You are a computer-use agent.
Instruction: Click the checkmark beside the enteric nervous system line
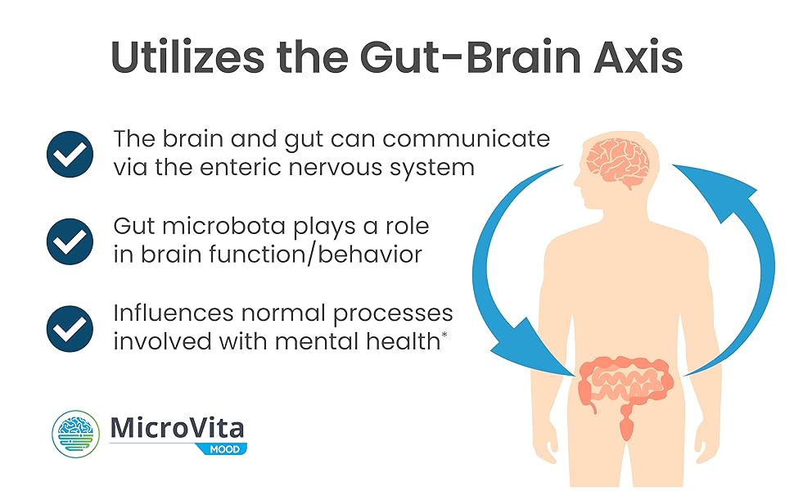point(70,153)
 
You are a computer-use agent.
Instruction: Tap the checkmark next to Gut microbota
point(70,241)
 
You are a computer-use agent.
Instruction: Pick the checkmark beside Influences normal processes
point(70,327)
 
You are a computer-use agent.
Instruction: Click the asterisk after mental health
point(444,335)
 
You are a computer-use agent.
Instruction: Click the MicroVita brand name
point(176,428)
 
